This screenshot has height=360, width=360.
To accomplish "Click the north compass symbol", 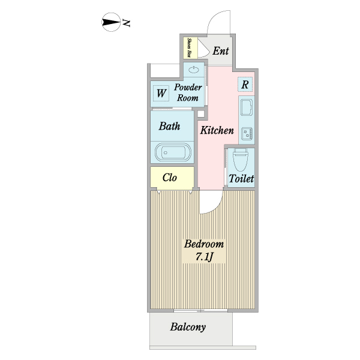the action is click(x=111, y=22).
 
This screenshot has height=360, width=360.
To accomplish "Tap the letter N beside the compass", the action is click(x=127, y=23).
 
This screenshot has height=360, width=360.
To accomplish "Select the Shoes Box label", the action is click(x=190, y=48).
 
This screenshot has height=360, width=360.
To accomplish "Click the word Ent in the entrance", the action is click(x=221, y=51).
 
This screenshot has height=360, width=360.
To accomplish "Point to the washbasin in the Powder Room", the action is click(x=194, y=70).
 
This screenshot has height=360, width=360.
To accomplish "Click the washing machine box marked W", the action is click(x=161, y=93).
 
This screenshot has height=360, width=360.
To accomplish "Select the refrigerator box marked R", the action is click(x=245, y=85).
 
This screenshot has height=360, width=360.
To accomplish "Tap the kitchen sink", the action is click(x=247, y=107).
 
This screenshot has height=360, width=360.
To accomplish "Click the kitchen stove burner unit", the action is click(x=247, y=134).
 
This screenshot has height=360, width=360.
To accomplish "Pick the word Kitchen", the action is click(x=217, y=130).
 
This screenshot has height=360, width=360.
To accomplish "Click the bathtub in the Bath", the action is click(x=173, y=152).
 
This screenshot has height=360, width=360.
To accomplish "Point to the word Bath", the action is click(x=169, y=126).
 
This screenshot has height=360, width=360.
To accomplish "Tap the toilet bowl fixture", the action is click(x=241, y=160).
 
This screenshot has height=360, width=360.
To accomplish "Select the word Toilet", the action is click(x=241, y=178).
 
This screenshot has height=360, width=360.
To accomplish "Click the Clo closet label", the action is click(x=170, y=178).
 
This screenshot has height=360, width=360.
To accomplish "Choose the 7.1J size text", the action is click(x=204, y=257).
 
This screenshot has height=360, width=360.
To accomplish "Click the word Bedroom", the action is click(x=204, y=244).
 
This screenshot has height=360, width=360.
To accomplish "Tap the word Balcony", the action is click(x=188, y=327).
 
